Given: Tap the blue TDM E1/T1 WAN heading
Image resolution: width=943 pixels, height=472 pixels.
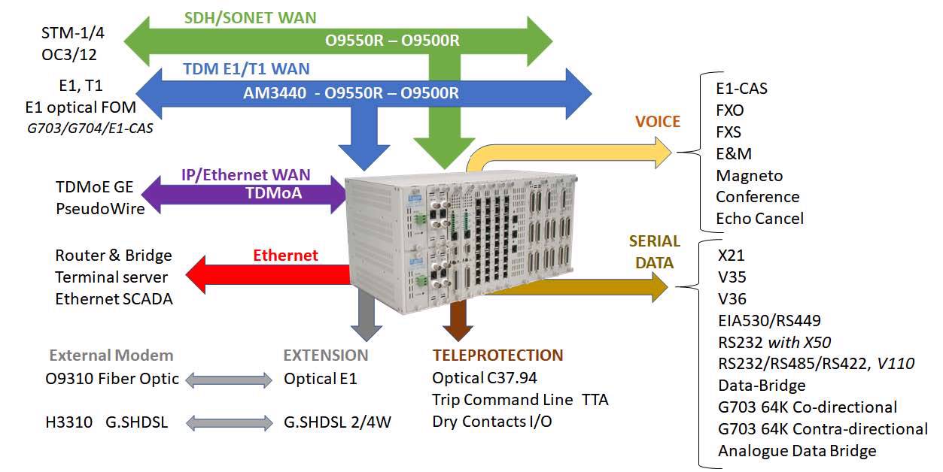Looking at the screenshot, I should [x=246, y=69].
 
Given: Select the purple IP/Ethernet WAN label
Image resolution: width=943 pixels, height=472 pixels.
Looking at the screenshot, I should [x=257, y=175].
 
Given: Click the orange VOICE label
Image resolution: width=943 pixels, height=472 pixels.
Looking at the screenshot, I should [x=657, y=121].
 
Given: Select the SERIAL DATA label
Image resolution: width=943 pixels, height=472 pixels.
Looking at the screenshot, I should [x=654, y=253].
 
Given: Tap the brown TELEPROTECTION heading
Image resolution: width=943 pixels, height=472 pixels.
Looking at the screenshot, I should [x=497, y=356].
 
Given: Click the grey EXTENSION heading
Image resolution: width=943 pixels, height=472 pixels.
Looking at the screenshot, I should [x=326, y=356].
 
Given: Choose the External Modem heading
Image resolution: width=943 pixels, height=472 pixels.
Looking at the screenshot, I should [x=111, y=356].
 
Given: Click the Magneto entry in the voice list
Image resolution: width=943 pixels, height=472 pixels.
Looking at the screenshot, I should [x=749, y=175].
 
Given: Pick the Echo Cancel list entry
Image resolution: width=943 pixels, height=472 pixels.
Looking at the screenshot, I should [x=759, y=219].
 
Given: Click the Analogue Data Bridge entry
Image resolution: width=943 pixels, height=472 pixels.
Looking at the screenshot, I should [x=797, y=451].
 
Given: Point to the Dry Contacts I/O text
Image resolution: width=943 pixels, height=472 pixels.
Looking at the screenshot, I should [x=492, y=422].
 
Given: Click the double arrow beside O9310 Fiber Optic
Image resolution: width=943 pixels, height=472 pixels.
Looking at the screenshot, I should [x=229, y=380].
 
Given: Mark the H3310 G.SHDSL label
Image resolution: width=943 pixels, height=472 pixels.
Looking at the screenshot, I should [x=106, y=422].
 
